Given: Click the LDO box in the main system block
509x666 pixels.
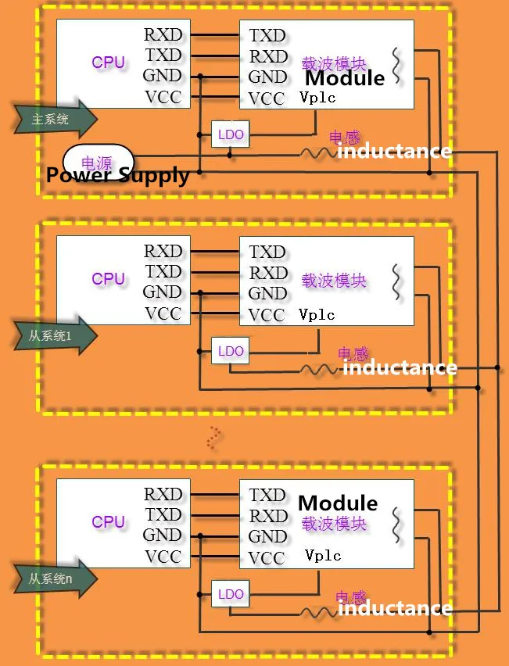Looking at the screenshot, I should pyautogui.click(x=231, y=134).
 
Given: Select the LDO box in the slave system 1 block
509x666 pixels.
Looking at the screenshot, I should pyautogui.click(x=231, y=351).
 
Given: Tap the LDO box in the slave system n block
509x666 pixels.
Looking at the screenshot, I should pyautogui.click(x=231, y=594).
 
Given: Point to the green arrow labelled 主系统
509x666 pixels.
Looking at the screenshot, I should pyautogui.click(x=55, y=120).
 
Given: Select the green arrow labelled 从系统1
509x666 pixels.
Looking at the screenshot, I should pyautogui.click(x=55, y=335).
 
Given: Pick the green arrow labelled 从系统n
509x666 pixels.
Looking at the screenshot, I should pyautogui.click(x=55, y=578).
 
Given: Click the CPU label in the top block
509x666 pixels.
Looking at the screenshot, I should pyautogui.click(x=108, y=63).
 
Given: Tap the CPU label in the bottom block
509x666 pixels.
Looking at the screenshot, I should pyautogui.click(x=108, y=521).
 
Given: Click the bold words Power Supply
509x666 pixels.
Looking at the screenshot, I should pyautogui.click(x=117, y=175).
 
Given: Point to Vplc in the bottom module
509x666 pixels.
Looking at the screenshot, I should pyautogui.click(x=323, y=556).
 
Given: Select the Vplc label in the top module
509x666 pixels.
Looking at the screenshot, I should pyautogui.click(x=317, y=98).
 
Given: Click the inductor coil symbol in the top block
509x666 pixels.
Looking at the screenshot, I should pyautogui.click(x=316, y=154).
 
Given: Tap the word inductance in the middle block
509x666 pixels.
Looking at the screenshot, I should pyautogui.click(x=400, y=367).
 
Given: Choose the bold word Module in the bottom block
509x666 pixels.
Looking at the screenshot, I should pyautogui.click(x=338, y=503).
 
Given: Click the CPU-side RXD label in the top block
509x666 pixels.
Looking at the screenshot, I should pyautogui.click(x=163, y=35).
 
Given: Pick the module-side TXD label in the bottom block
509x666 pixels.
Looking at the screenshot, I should pyautogui.click(x=267, y=495).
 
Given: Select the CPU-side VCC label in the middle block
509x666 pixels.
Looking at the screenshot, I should pyautogui.click(x=163, y=314).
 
